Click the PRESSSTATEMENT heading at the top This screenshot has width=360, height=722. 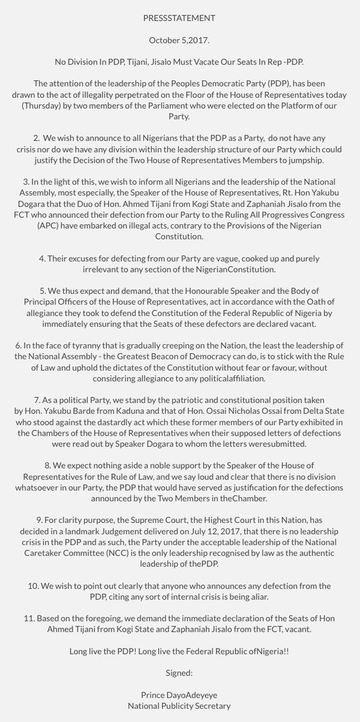click(180, 19)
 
